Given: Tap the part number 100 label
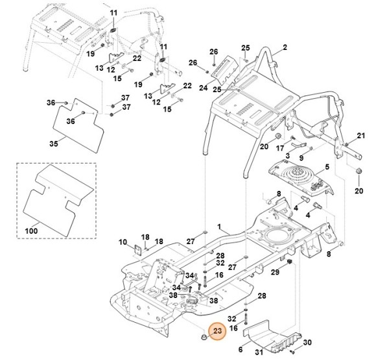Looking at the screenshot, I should point(30,230).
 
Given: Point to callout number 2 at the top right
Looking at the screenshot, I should point(283,49).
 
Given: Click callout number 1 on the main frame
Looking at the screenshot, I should point(219,228).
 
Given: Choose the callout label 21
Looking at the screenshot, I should point(362,136).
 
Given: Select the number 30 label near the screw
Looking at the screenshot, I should point(307,342).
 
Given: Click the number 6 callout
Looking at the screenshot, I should point(241,349).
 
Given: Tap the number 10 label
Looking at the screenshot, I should point(123,242).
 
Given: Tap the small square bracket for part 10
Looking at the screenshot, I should point(138,250).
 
